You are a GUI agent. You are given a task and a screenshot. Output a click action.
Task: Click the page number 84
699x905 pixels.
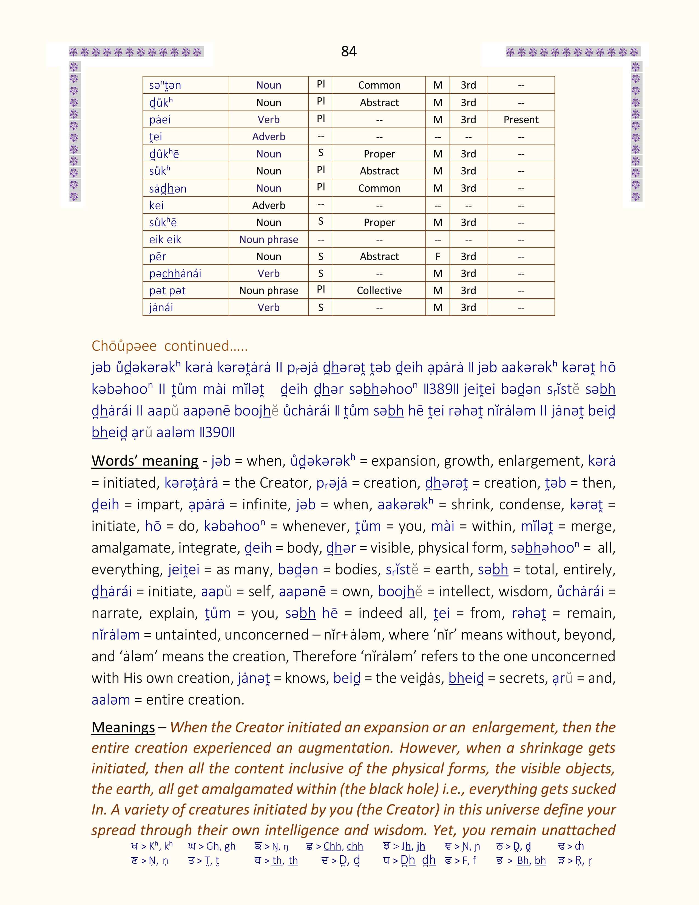click(x=349, y=51)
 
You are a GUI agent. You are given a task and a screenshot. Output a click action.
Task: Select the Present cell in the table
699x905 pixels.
click(x=521, y=120)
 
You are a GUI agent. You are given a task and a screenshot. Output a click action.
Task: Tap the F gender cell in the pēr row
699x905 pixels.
click(x=438, y=256)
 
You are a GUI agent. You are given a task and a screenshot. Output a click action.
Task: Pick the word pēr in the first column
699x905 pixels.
click(x=158, y=256)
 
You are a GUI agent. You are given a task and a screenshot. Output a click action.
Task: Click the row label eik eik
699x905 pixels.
click(x=165, y=239)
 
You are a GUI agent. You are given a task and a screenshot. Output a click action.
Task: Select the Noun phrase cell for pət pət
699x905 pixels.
click(x=268, y=290)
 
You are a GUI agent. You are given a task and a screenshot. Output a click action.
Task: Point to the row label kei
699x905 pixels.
click(x=157, y=205)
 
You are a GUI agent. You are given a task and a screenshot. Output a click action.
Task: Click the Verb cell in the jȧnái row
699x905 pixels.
click(x=268, y=307)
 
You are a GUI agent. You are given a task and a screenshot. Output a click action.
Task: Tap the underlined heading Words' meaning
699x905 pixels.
click(x=145, y=461)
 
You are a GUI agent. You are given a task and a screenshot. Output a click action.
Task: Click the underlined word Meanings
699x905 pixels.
click(x=123, y=727)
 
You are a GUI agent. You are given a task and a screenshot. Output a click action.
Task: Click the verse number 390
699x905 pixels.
click(x=217, y=432)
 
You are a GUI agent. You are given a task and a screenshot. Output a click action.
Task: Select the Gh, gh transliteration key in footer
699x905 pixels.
click(x=221, y=846)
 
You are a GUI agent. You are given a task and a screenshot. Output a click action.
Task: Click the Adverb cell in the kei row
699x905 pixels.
click(x=268, y=205)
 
